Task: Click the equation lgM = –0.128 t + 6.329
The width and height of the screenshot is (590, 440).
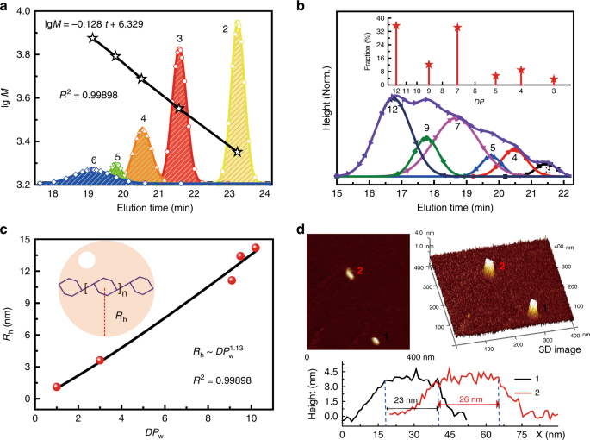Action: (x=92, y=24)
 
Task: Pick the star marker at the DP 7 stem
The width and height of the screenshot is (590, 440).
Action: (x=457, y=28)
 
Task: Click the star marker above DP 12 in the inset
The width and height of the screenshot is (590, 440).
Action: (x=396, y=26)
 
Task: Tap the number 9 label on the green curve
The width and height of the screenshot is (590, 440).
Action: (x=426, y=129)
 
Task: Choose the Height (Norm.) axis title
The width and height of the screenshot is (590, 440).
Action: (x=326, y=98)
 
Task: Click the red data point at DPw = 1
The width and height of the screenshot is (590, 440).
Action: (x=57, y=387)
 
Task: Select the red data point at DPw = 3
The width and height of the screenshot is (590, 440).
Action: (x=100, y=360)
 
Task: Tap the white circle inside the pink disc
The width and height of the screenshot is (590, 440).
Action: (x=86, y=260)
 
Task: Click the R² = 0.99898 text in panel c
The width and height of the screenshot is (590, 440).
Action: (x=222, y=380)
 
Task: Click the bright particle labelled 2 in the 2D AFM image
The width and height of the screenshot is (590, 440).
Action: (x=350, y=273)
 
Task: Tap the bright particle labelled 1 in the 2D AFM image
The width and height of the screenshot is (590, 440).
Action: (x=376, y=341)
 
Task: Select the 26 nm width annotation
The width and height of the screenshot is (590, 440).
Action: (x=471, y=399)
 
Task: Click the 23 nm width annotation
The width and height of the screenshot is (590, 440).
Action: (x=406, y=400)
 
